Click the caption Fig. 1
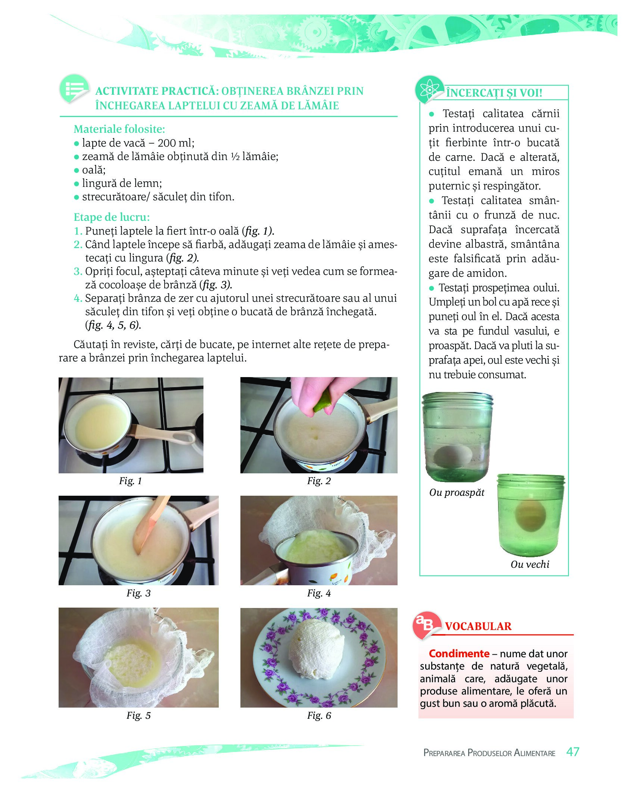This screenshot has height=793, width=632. tap(130, 481)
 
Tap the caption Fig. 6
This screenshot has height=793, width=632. tap(319, 715)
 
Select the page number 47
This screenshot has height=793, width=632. tap(573, 752)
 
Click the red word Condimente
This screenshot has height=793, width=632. tap(459, 653)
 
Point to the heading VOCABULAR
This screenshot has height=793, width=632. tap(478, 626)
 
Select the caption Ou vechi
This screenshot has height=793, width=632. tap(530, 564)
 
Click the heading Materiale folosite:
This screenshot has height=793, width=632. tap(119, 129)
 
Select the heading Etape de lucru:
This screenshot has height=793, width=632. tap(112, 217)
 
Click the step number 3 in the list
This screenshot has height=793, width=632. tap(78, 271)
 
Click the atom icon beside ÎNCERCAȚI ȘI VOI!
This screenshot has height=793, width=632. tap(429, 90)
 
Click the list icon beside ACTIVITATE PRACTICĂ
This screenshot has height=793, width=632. tap(74, 89)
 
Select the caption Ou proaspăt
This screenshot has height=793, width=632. tap(457, 492)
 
